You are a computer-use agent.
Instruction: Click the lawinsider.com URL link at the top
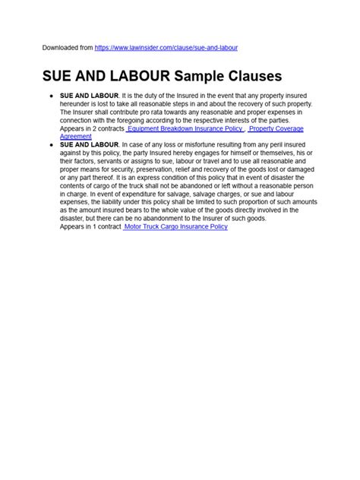coord(166,48)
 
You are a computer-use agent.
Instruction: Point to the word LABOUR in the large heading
coord(135,77)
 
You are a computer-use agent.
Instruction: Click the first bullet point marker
coord(50,95)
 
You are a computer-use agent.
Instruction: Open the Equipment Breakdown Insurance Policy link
coord(185,128)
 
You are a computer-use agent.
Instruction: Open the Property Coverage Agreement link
coord(281,128)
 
